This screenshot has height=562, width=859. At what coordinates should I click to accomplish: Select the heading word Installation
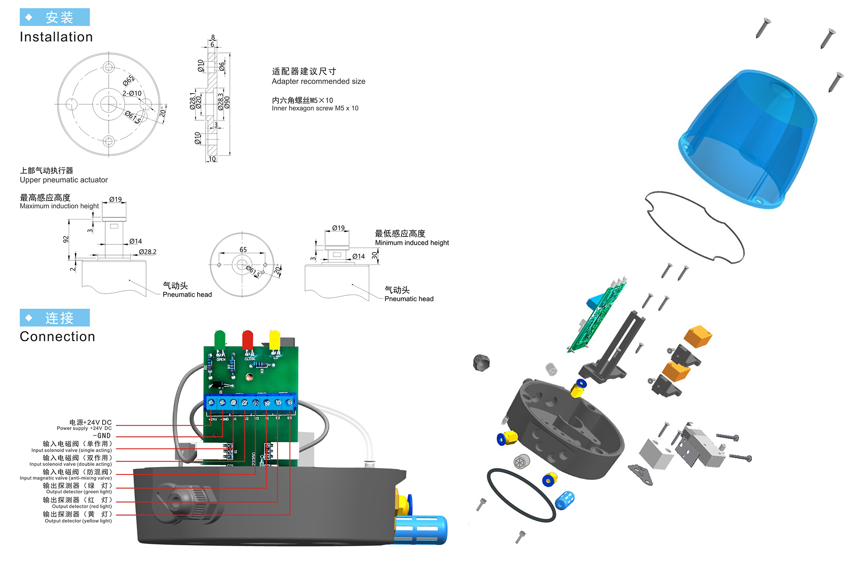click(56, 37)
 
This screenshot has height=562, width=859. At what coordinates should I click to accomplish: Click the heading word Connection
click(58, 337)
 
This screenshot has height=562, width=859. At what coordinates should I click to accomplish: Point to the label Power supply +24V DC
click(84, 428)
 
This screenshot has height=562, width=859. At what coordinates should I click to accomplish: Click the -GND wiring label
click(102, 436)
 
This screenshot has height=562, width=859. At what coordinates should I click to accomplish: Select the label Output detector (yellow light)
click(78, 521)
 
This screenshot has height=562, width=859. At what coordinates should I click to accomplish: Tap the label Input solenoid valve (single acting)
click(71, 450)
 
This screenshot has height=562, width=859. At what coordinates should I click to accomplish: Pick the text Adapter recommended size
click(318, 82)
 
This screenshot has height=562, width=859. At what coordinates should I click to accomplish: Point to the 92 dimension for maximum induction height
click(66, 239)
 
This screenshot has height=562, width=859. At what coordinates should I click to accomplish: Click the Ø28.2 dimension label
click(147, 252)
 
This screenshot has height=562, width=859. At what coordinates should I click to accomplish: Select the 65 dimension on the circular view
click(243, 249)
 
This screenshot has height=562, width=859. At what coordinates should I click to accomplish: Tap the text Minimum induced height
click(411, 243)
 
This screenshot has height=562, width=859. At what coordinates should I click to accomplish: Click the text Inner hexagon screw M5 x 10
click(315, 108)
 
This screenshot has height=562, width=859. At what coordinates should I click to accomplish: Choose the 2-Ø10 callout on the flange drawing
click(132, 93)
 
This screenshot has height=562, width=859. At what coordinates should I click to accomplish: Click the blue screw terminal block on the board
click(250, 403)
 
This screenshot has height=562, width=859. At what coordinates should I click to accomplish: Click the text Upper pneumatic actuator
click(64, 180)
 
